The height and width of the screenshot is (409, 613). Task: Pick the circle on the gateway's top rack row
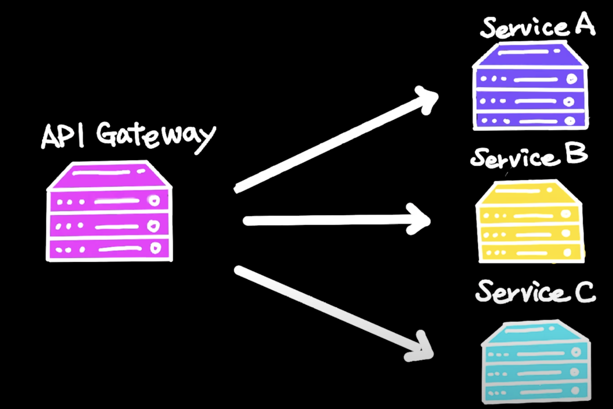coord(153,201)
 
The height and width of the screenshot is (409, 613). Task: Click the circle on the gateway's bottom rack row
coord(154,248)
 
